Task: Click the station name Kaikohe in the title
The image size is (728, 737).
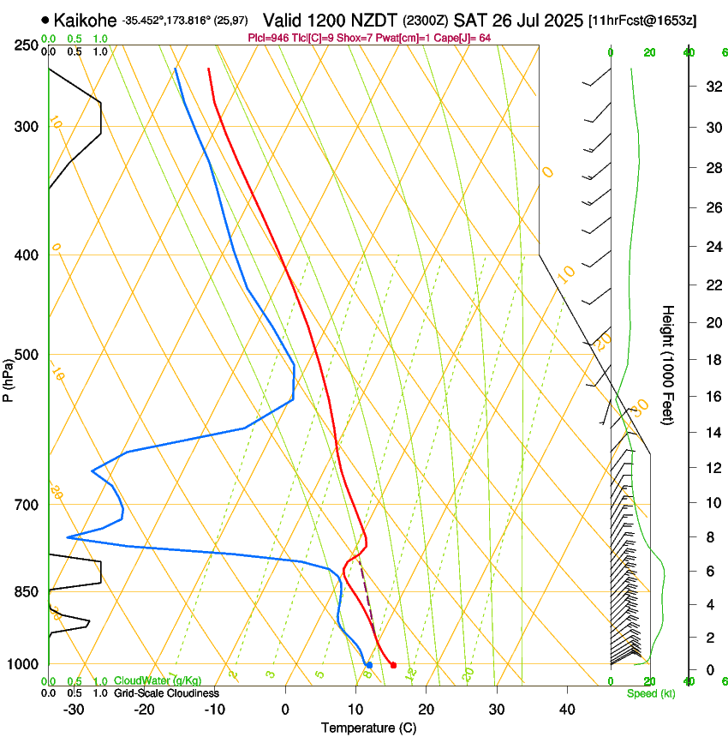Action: tap(85, 19)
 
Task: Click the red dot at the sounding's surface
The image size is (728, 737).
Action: tap(393, 665)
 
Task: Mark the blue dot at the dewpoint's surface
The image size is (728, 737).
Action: tap(369, 665)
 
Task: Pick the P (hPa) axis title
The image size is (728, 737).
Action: tap(9, 378)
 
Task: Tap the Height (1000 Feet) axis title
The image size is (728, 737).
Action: tap(668, 364)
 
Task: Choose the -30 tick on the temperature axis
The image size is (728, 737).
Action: tap(74, 710)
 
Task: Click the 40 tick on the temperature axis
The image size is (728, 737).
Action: tap(566, 710)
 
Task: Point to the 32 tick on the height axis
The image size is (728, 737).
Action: tap(711, 87)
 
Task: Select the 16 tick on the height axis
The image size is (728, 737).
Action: tap(711, 396)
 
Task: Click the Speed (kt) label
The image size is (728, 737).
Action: tap(650, 693)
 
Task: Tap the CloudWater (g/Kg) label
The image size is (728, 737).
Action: tap(158, 681)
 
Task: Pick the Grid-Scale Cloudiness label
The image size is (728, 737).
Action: tap(166, 693)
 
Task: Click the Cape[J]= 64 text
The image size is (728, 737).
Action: tap(463, 38)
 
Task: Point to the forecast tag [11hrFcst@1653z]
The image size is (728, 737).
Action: tap(642, 20)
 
